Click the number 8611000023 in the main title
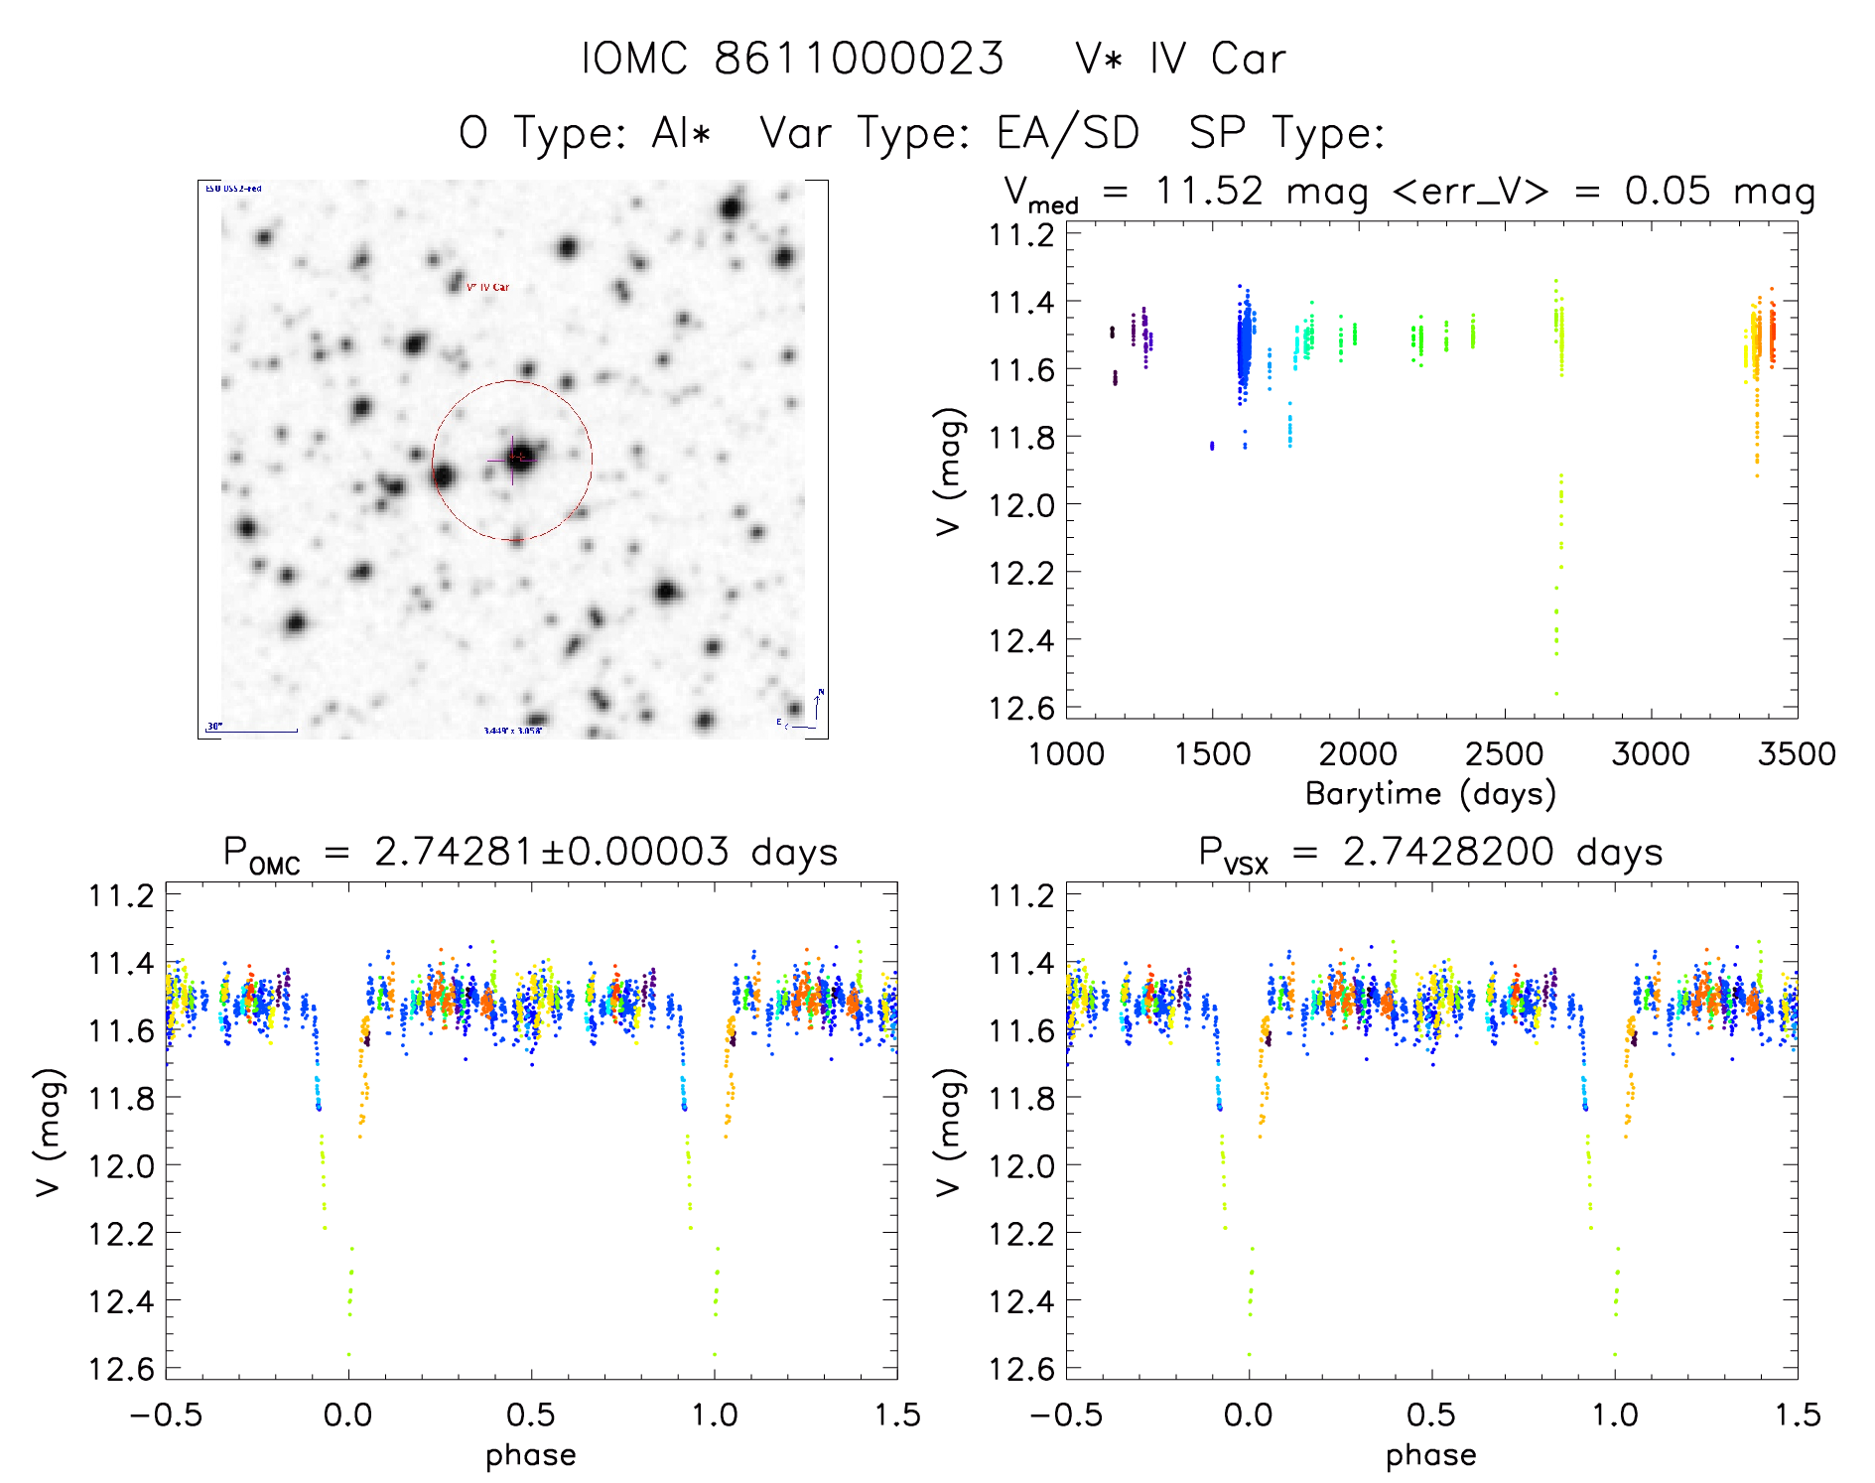point(859,59)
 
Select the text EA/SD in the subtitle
point(1068,133)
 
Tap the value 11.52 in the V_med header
point(1209,192)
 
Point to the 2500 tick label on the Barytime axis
point(1504,753)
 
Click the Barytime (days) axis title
point(1430,794)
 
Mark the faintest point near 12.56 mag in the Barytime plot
point(1556,694)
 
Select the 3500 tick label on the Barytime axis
point(1796,753)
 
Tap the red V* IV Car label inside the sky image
point(487,287)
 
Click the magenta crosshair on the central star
point(513,459)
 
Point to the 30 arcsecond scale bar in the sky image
point(253,731)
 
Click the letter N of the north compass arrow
point(821,692)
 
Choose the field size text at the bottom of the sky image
point(513,731)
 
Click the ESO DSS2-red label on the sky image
point(233,188)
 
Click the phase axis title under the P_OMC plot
point(530,1455)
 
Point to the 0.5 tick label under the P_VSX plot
point(1431,1415)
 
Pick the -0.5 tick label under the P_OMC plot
point(166,1415)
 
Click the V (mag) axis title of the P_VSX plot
point(949,1132)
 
